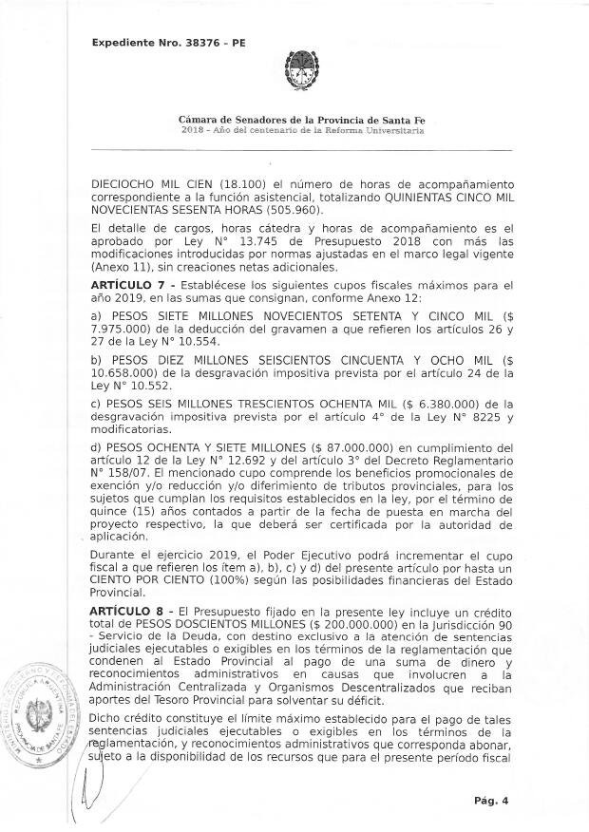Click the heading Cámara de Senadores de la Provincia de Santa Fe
294,120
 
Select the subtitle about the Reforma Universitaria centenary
294,129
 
